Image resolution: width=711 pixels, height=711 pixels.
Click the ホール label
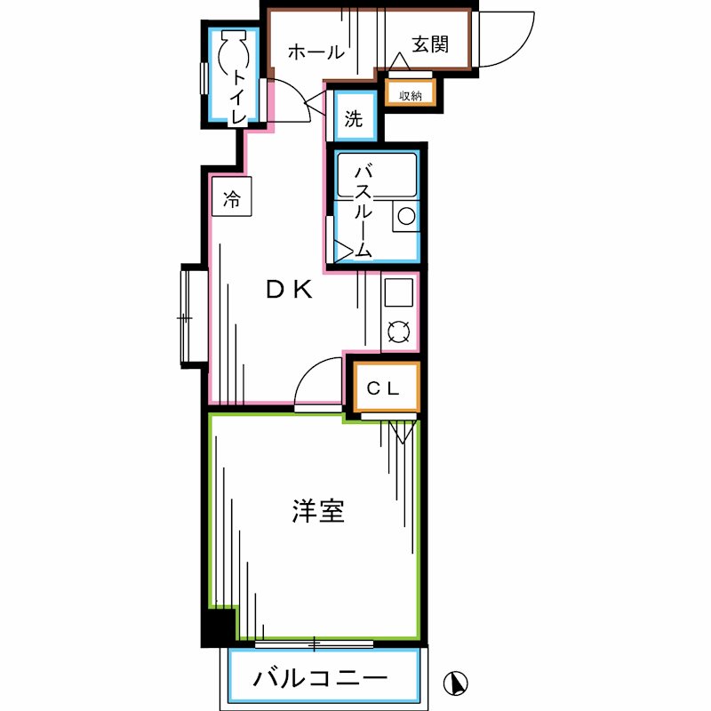[316, 52]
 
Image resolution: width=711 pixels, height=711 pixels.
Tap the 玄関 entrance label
[429, 44]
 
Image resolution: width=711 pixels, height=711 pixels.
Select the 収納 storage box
[410, 95]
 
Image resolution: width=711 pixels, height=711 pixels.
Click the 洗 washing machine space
[354, 120]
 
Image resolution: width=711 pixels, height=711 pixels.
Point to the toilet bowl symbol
[236, 53]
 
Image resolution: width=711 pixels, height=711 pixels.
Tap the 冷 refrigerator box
[231, 198]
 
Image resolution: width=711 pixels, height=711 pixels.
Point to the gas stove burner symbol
[397, 332]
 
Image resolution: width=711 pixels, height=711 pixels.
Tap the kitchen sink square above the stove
[397, 292]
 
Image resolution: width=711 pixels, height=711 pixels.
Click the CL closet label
[386, 387]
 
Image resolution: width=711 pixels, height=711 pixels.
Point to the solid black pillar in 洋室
[218, 626]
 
